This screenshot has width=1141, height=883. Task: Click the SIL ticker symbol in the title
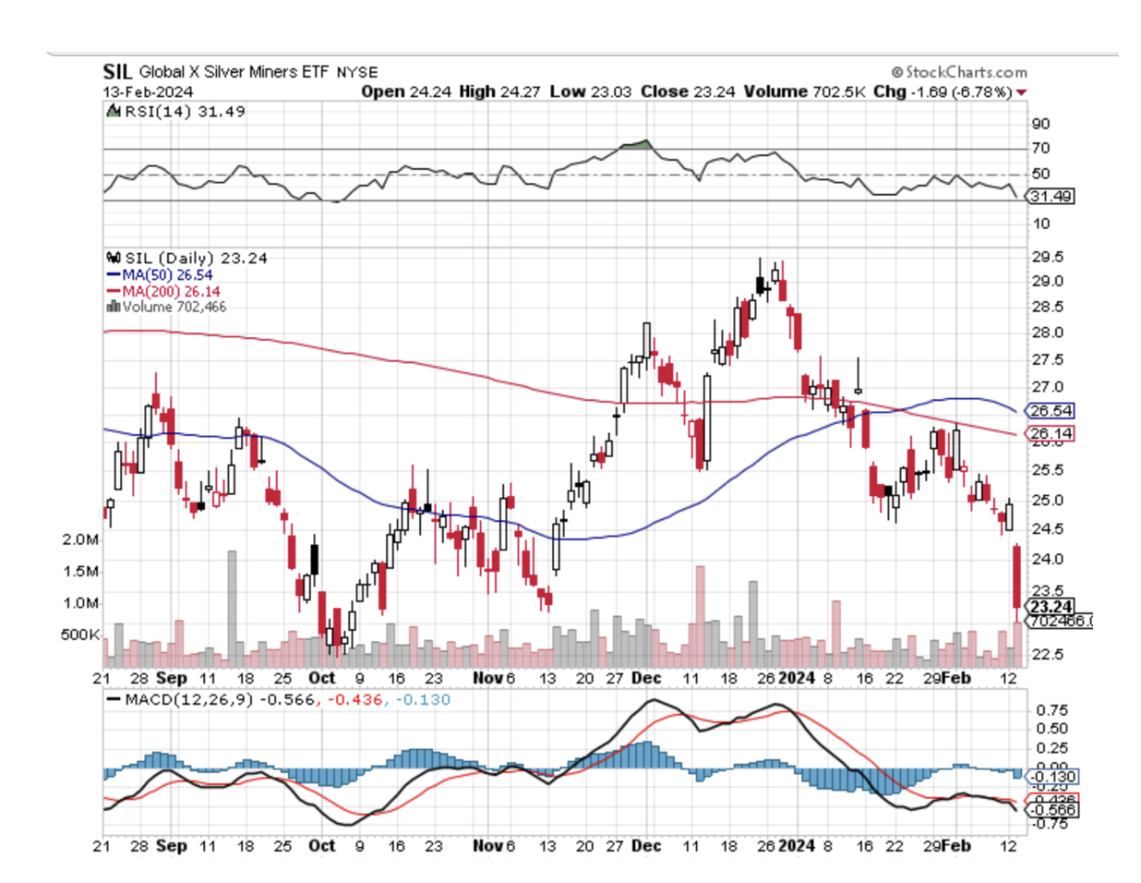click(x=117, y=71)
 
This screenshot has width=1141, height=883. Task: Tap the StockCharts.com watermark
click(x=959, y=72)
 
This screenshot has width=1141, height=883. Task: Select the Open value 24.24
click(x=432, y=91)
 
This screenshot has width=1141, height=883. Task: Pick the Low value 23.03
click(x=612, y=91)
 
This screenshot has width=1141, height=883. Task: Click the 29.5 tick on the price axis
click(x=1047, y=257)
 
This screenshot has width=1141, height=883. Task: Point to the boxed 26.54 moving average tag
click(x=1051, y=411)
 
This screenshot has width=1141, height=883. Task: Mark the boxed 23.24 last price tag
click(x=1051, y=607)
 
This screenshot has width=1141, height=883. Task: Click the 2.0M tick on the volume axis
click(x=80, y=539)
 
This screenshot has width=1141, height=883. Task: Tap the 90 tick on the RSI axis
click(x=1040, y=124)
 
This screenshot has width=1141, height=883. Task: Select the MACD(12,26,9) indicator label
click(x=190, y=699)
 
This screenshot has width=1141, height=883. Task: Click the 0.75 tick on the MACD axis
click(x=1052, y=710)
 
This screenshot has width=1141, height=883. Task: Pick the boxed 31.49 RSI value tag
click(x=1051, y=196)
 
